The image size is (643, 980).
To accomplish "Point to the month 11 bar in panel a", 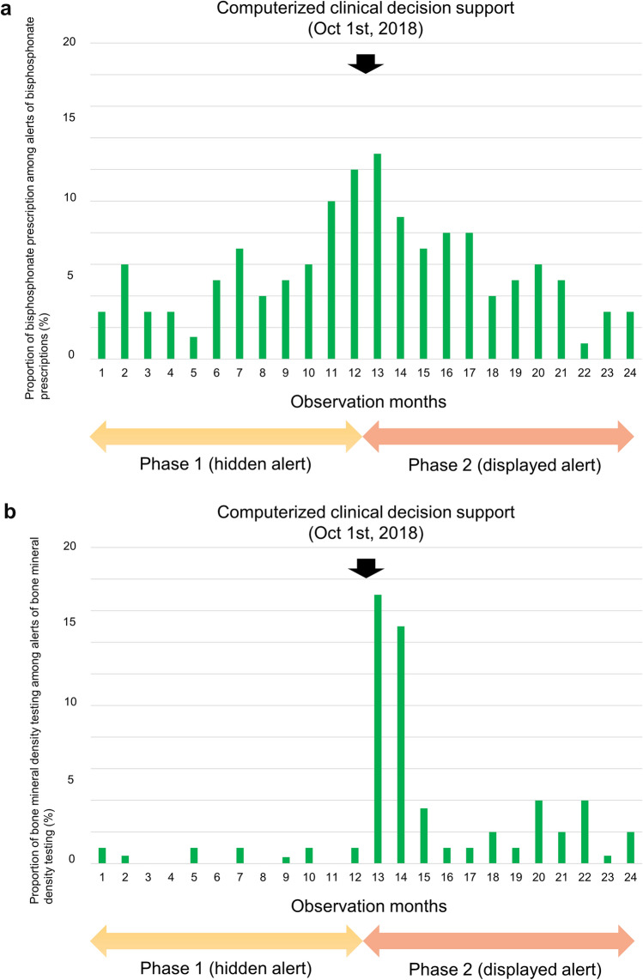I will coord(331,280).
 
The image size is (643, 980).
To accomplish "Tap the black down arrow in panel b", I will coord(366,568).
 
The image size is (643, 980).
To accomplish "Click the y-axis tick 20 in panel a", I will coord(71,43).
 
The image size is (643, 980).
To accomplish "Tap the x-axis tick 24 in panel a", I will coord(630,371).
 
